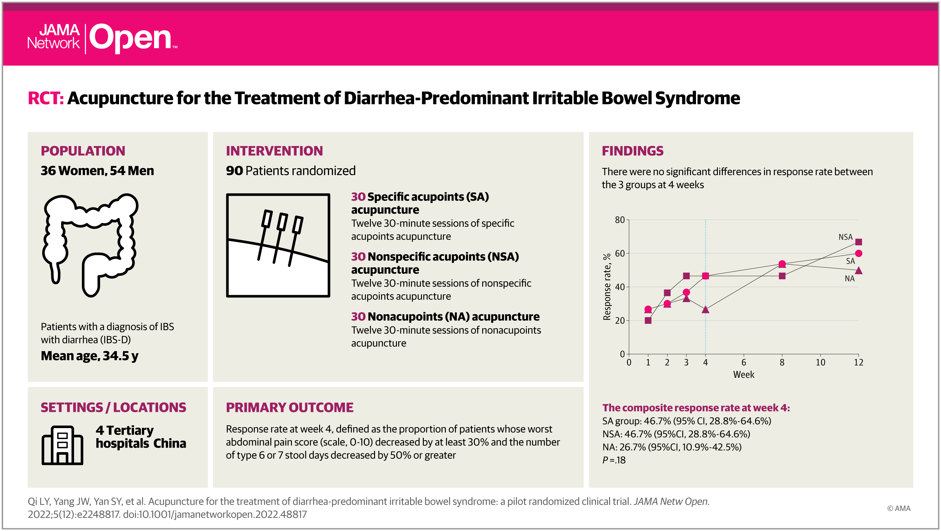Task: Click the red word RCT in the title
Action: [x=46, y=98]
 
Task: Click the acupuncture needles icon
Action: [x=278, y=245]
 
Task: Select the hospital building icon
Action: [x=63, y=445]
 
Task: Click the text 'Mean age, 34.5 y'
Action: [x=89, y=356]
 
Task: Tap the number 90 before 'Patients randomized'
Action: [x=234, y=171]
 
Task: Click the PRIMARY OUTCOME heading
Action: [x=289, y=407]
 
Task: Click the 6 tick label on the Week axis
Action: [x=744, y=362]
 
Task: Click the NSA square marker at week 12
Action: [x=858, y=242]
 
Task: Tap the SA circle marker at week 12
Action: [x=858, y=253]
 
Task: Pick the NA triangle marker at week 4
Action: [x=705, y=310]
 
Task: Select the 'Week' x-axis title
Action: [x=744, y=375]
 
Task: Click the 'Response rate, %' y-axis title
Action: [x=607, y=287]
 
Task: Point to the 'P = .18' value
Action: [x=614, y=460]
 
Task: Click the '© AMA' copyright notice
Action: [x=898, y=508]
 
